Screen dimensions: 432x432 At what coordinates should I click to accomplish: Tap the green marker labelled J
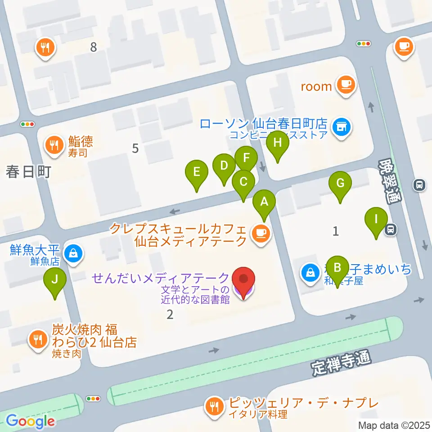point(54,280)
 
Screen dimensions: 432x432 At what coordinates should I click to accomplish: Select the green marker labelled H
point(278,144)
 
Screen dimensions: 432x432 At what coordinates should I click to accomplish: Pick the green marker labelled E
point(196,172)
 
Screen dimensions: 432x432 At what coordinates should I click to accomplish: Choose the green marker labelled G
point(340,184)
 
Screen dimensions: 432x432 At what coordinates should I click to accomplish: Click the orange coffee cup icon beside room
point(346,85)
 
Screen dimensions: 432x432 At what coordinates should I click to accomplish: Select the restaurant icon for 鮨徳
point(54,145)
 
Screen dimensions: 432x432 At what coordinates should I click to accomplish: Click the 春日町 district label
point(27,171)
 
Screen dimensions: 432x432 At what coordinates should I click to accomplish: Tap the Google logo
point(30,421)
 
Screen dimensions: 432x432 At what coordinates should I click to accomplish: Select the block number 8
point(93,47)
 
